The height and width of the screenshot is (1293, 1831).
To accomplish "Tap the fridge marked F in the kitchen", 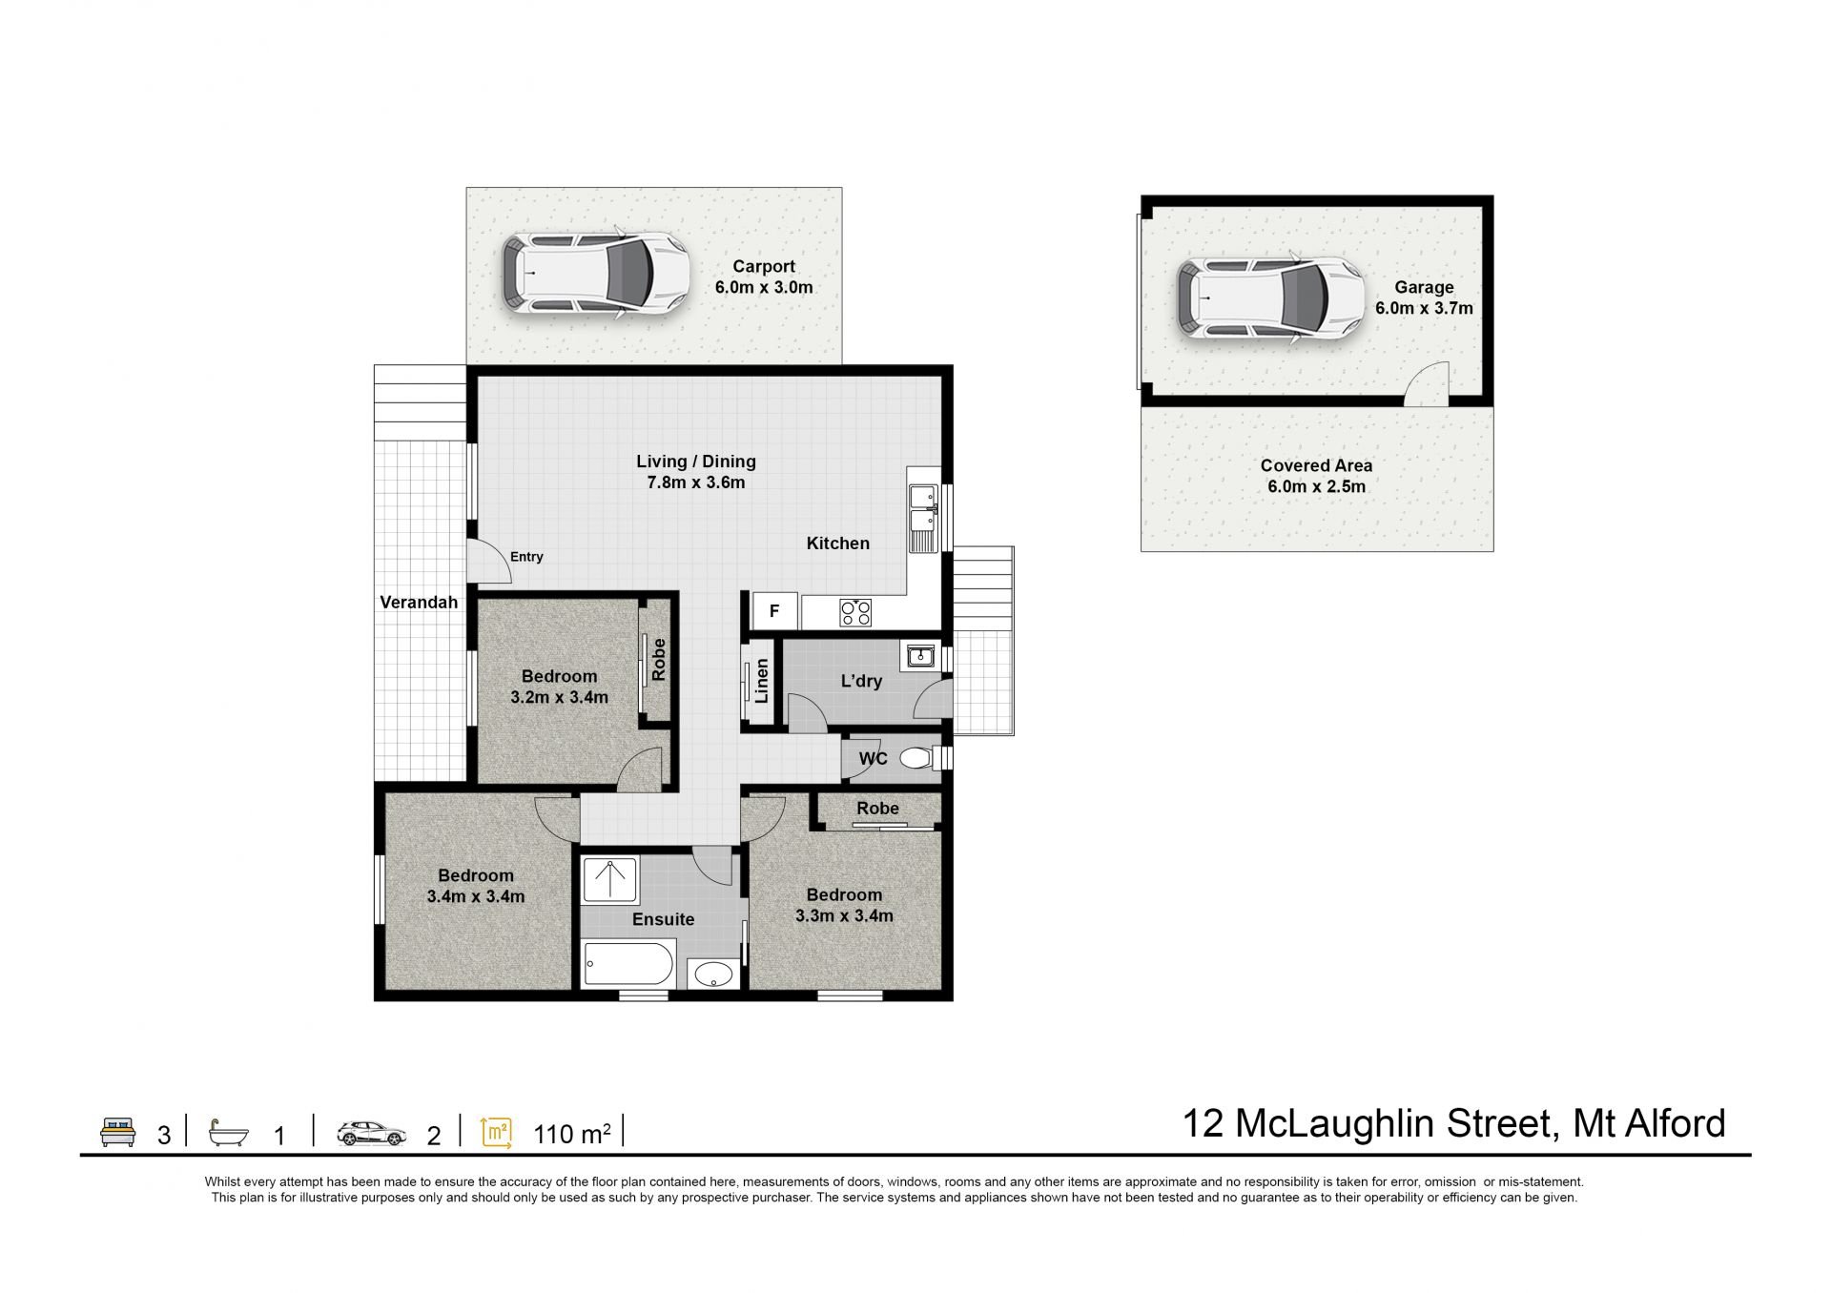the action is (774, 610).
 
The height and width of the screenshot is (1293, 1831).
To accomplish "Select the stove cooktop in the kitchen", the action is (855, 612).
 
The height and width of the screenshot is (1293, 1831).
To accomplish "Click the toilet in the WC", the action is (916, 758).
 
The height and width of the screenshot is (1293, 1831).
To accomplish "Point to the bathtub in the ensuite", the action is (629, 964).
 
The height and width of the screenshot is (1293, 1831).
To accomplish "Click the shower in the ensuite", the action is (609, 878).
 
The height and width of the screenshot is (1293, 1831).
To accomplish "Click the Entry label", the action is (526, 557).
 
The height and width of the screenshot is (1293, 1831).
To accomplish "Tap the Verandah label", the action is (419, 602).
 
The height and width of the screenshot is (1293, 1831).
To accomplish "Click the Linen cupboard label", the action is (761, 681).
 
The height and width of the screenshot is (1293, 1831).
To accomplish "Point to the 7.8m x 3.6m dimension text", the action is (696, 482).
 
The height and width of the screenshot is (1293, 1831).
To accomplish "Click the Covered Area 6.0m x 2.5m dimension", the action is (1316, 486).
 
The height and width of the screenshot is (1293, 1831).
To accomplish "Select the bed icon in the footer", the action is (119, 1132).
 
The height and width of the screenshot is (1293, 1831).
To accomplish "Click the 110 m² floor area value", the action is (572, 1133).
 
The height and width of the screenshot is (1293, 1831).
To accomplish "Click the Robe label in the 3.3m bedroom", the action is (877, 809).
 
